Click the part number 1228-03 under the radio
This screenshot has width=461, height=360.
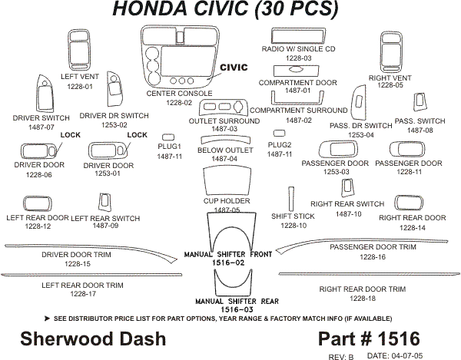tap(297, 58)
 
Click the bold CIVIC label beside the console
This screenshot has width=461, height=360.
tap(234, 68)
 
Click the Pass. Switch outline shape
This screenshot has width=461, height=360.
tap(420, 103)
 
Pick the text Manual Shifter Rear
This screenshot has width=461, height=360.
tap(227, 301)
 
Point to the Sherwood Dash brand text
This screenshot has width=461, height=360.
tap(70, 339)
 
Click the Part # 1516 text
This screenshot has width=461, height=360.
tap(367, 339)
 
